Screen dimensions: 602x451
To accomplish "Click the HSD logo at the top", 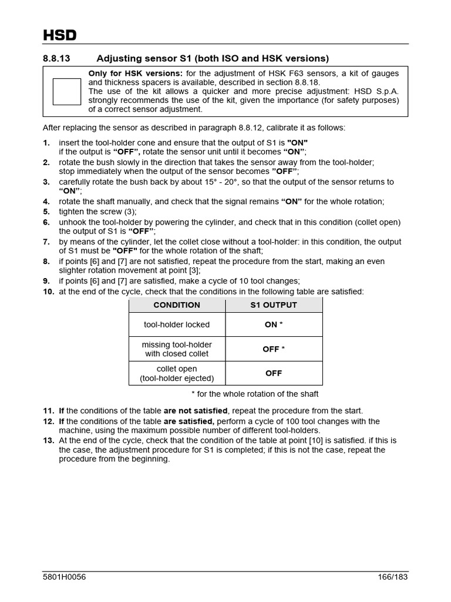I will (x=60, y=35).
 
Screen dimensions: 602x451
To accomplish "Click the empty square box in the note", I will (x=67, y=92).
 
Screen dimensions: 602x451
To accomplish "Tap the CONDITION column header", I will (x=177, y=305).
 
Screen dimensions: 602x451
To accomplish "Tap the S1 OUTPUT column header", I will (x=274, y=305).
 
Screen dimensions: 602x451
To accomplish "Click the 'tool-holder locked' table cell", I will (x=177, y=325).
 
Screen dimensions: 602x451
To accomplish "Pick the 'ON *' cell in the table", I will (x=274, y=325).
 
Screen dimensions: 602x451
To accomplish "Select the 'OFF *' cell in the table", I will (x=274, y=349).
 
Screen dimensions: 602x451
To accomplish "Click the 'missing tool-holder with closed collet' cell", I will (x=177, y=349).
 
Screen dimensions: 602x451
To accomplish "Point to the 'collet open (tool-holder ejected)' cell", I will (x=177, y=373).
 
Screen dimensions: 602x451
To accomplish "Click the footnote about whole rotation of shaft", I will (x=255, y=394).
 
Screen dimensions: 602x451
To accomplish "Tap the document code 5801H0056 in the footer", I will (x=65, y=577).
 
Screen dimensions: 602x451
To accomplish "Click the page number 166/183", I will (x=392, y=577).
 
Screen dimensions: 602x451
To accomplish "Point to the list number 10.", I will (x=48, y=292).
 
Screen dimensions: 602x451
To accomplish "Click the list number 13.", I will (x=48, y=440).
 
